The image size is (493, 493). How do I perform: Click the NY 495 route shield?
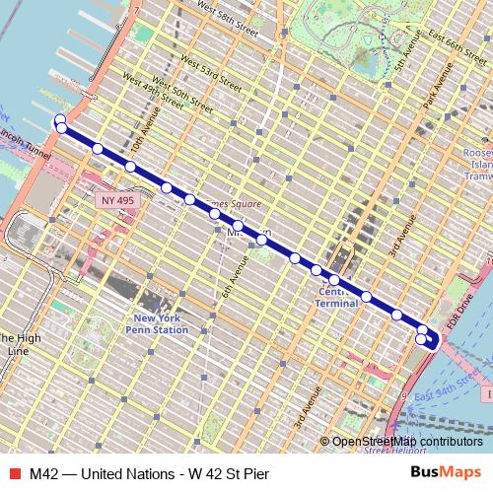coord(117,199)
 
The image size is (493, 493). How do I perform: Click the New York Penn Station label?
coord(161,323)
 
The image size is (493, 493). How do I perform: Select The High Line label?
coord(20,344)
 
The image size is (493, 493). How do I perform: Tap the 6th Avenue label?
coord(236,278)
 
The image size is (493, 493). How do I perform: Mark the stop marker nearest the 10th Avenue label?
coord(131,167)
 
